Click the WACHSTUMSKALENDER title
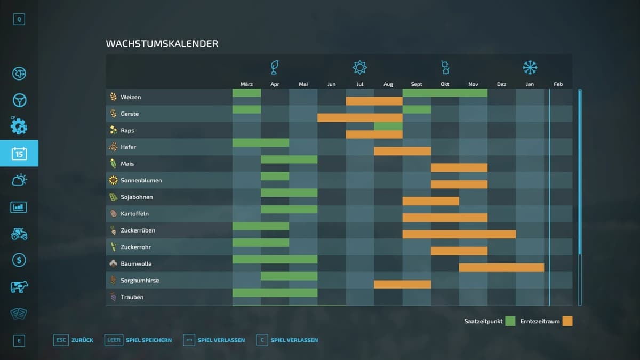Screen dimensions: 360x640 (x=162, y=44)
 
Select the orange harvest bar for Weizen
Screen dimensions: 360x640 (x=374, y=101)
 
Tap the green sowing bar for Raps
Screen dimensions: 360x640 (x=388, y=126)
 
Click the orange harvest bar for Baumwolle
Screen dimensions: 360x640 (x=501, y=268)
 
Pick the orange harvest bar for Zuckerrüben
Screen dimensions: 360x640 (x=459, y=234)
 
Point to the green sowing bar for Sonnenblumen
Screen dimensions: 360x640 (x=275, y=176)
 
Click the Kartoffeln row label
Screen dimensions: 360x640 (x=134, y=214)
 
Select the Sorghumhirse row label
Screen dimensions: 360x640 (x=140, y=281)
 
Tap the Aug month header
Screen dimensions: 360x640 (x=388, y=84)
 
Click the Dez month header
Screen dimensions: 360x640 (x=501, y=84)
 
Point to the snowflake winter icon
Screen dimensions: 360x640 (x=530, y=67)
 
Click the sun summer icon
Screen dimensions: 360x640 (x=360, y=67)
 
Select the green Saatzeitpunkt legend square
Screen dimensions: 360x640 (x=510, y=321)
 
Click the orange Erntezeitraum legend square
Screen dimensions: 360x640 (x=567, y=321)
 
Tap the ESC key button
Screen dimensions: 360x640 (x=61, y=340)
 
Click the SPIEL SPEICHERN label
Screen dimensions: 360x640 (x=149, y=340)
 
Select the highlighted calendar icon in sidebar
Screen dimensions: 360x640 (x=19, y=154)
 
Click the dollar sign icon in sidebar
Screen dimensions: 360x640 (x=19, y=260)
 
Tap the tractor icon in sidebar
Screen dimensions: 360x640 (x=19, y=234)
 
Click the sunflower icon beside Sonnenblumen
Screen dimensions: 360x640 (x=113, y=180)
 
